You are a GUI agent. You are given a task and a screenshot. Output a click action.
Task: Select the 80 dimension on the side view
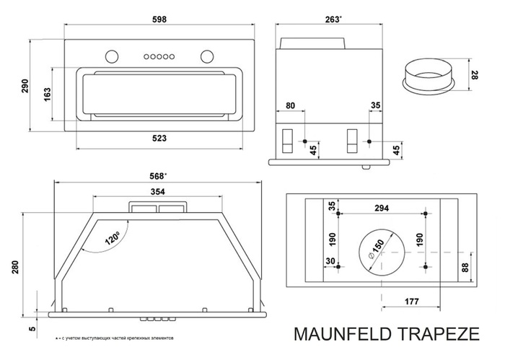[290, 106]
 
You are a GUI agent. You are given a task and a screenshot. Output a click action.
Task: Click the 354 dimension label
[157, 191]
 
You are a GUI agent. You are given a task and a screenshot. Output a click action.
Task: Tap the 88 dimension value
[466, 268]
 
